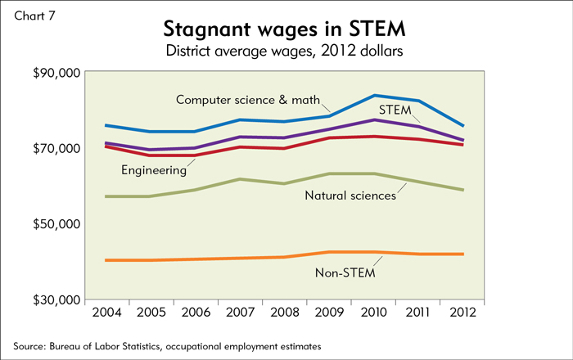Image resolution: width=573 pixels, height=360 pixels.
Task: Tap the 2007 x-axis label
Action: (x=238, y=313)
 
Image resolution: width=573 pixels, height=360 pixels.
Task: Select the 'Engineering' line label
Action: (x=154, y=170)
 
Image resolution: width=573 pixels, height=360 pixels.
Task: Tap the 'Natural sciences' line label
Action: (x=350, y=195)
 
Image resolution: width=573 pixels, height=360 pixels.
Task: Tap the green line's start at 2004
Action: (x=105, y=196)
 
